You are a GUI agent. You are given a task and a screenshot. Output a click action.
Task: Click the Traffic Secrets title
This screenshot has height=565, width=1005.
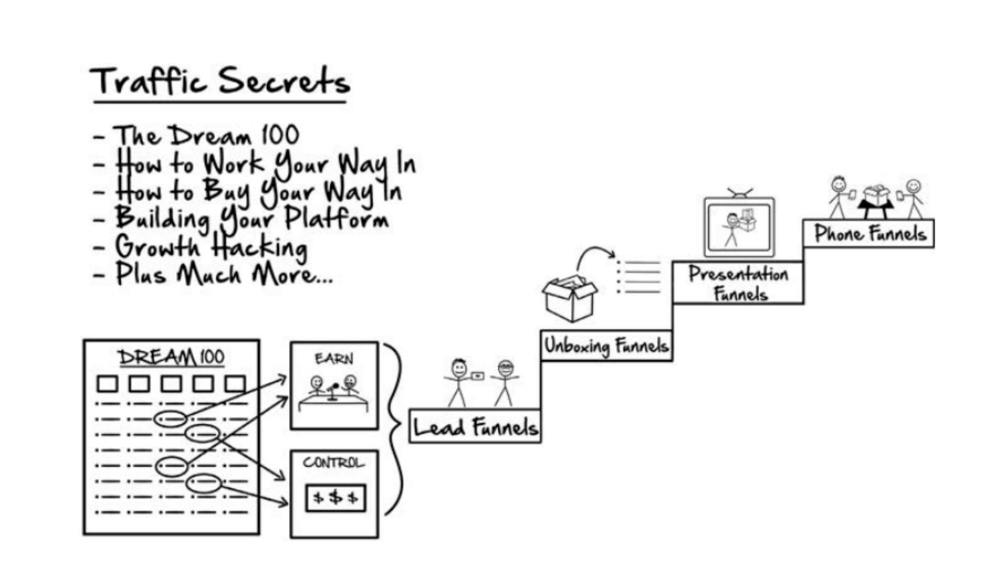pos(220,83)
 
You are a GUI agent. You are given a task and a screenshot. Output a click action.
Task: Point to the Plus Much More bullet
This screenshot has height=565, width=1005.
pos(223,275)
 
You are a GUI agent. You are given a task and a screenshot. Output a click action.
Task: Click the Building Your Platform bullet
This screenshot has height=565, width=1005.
pos(251,219)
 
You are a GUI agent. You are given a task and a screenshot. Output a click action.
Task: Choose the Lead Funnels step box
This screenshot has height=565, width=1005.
pos(475,426)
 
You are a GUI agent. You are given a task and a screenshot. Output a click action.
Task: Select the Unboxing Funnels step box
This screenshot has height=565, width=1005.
pos(606,346)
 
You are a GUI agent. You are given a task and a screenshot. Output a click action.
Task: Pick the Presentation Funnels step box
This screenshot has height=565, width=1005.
pos(738,283)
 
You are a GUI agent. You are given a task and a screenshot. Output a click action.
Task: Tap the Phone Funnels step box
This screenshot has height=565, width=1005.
pos(869,233)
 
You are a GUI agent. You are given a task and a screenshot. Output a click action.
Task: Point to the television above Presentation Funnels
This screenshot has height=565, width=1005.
pos(739,227)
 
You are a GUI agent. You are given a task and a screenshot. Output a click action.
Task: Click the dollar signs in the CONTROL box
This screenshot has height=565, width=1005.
pos(336,498)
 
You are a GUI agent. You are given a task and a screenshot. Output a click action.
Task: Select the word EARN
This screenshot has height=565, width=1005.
pos(334,359)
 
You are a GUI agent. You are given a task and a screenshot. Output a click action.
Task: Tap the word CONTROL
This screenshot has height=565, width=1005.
pos(333,463)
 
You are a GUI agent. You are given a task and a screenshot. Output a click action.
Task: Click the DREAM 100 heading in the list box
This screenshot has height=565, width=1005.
pos(171,358)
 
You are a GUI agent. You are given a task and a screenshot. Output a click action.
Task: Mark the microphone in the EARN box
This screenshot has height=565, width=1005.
pos(333,390)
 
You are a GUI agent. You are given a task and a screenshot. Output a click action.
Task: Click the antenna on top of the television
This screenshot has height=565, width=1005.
pos(740,192)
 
